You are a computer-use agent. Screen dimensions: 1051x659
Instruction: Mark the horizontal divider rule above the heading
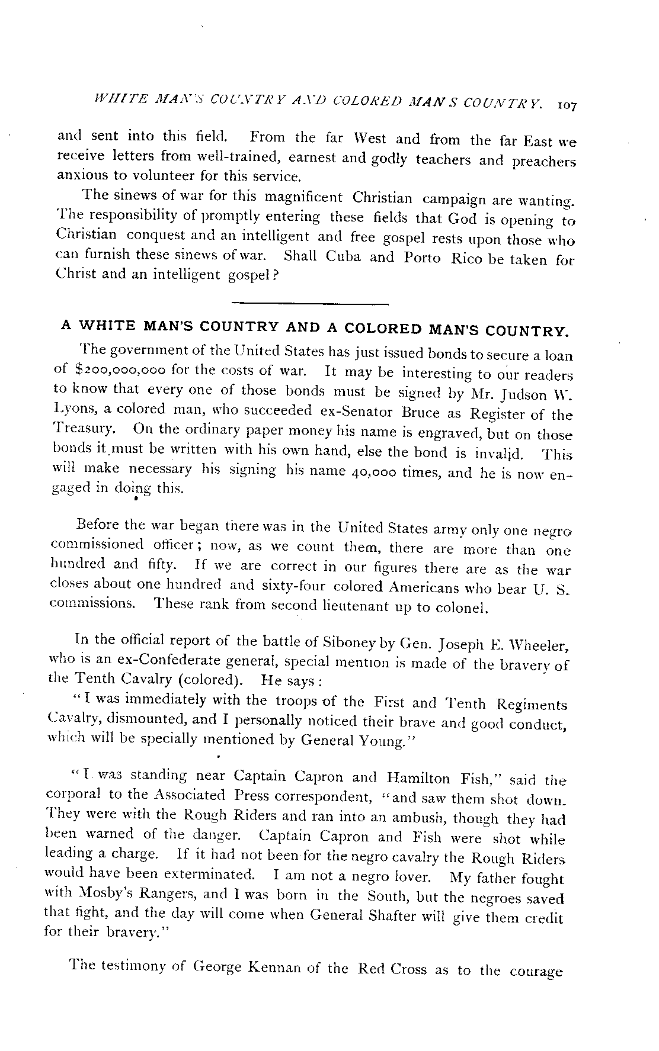pyautogui.click(x=309, y=304)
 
